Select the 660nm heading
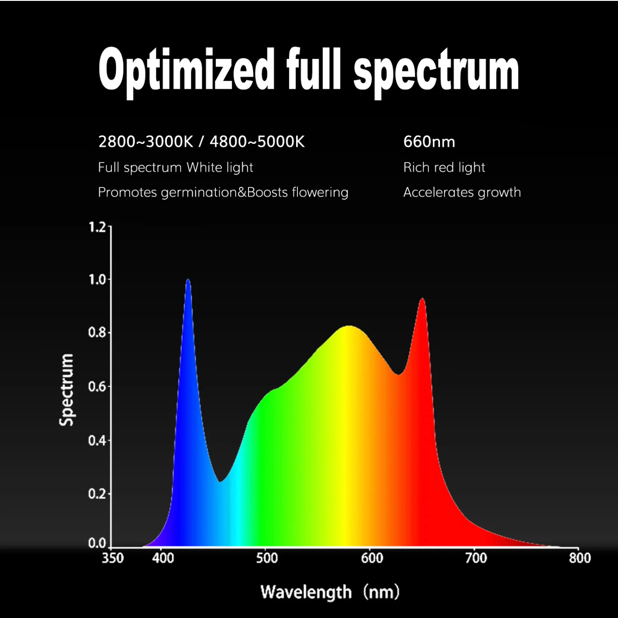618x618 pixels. [429, 142]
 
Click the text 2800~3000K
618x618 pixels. [146, 142]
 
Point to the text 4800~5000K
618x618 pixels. [257, 142]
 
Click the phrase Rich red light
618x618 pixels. [444, 167]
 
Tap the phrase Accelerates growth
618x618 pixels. [462, 192]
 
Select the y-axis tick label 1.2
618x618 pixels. [97, 227]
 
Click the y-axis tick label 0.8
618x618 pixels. [97, 332]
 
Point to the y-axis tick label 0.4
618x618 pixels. [97, 440]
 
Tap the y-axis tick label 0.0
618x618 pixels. [97, 543]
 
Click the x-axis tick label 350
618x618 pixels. [113, 558]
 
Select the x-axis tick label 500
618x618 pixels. [267, 558]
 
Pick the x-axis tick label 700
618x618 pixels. [476, 558]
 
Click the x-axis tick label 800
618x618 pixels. [580, 558]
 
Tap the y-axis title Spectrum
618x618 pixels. [67, 390]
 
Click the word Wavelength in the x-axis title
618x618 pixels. [306, 592]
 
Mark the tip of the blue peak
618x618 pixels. [188, 280]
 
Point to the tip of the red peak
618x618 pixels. [422, 299]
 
